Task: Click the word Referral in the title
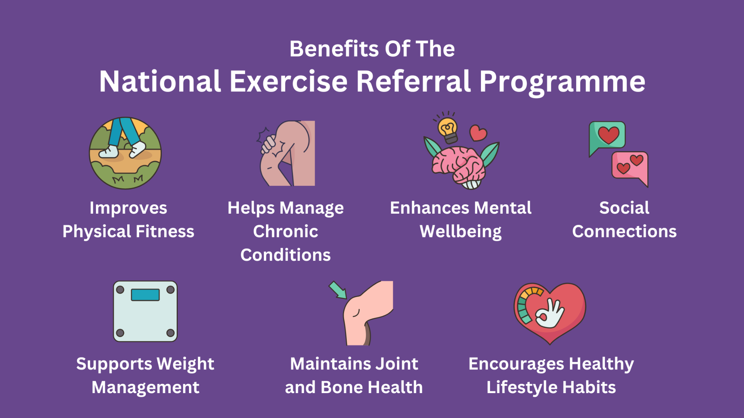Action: [x=413, y=81]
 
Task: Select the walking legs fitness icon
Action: [x=125, y=153]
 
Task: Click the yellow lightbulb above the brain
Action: [x=448, y=129]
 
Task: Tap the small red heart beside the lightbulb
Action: [x=478, y=133]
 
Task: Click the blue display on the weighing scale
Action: [x=145, y=295]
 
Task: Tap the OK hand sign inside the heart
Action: [x=550, y=314]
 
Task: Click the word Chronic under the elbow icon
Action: [x=285, y=231]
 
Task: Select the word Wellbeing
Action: [x=461, y=231]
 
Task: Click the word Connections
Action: [x=624, y=231]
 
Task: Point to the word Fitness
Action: [x=165, y=231]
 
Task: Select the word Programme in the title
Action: [x=562, y=81]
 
